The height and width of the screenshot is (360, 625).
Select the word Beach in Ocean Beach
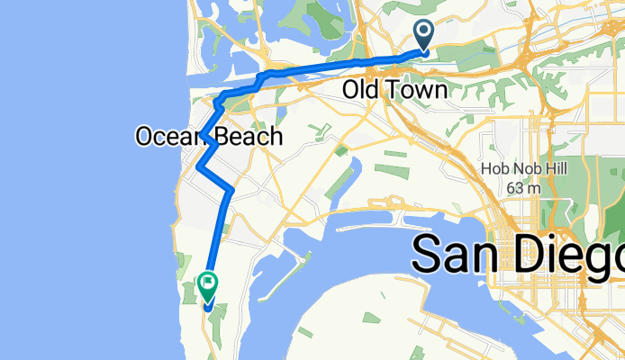pos(248,137)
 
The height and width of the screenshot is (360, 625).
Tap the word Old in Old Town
pos(361,90)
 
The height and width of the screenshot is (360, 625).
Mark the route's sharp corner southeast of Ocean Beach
pos(231,190)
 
